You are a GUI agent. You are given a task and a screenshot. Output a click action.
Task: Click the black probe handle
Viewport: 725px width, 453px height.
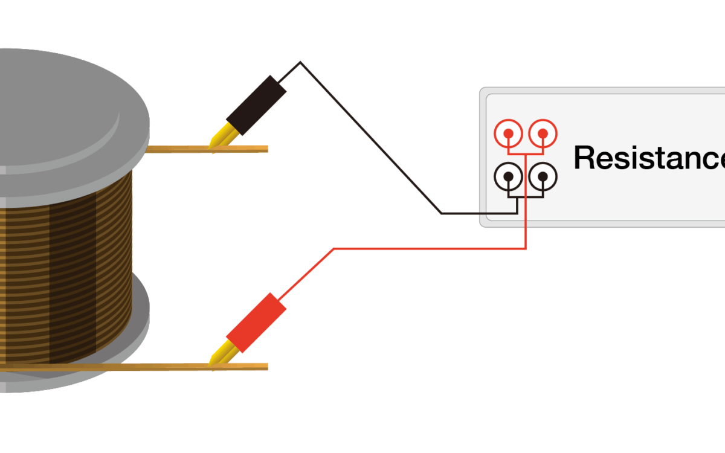256,106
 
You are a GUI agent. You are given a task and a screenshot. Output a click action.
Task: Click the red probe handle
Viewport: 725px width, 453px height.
256,323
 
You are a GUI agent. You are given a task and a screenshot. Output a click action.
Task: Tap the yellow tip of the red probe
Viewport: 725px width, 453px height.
219,356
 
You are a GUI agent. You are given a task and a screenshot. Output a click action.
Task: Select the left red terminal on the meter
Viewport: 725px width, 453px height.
509,133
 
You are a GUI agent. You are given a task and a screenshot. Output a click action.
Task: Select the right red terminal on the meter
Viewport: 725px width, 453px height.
543,133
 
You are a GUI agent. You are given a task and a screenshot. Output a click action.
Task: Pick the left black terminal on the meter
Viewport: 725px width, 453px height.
509,176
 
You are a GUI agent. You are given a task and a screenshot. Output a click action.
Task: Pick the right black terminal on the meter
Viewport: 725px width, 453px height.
543,176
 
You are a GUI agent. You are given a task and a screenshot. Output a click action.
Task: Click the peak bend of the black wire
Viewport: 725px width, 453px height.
300,62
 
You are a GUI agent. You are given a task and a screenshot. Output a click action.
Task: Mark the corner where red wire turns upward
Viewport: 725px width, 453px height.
526,248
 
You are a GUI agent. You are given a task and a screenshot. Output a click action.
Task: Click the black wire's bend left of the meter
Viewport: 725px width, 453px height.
442,213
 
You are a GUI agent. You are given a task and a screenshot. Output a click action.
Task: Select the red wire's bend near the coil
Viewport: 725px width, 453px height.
333,248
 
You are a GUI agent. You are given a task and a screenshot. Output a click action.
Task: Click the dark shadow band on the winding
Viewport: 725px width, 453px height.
72,272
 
